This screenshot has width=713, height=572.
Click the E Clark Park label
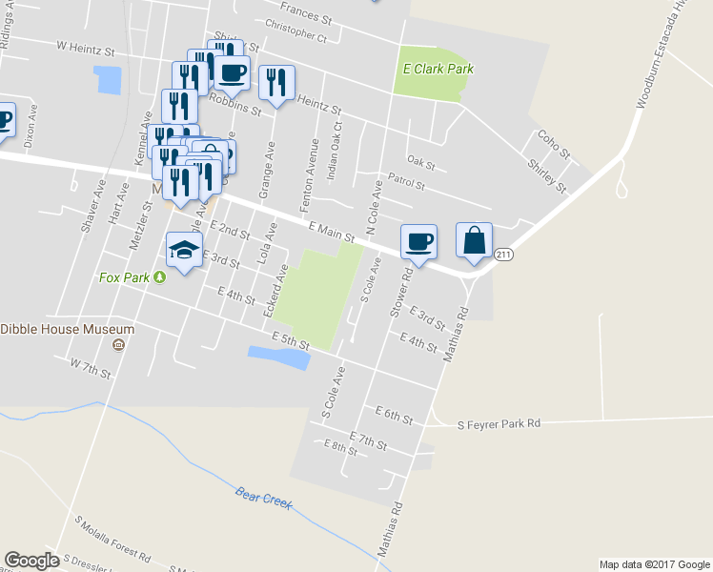point(438,69)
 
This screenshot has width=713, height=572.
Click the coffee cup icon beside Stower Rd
point(418,241)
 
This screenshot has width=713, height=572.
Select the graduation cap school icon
point(184,251)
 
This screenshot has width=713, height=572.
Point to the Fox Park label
point(124,277)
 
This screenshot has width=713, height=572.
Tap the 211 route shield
point(504,254)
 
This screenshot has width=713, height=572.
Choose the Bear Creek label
point(263,499)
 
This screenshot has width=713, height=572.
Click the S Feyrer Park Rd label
point(499,423)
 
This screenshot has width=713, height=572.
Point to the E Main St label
point(331,231)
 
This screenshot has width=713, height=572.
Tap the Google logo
point(31,561)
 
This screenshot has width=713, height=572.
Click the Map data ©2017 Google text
point(654,564)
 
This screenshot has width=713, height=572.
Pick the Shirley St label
point(546,174)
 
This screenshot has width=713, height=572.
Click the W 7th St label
point(91,365)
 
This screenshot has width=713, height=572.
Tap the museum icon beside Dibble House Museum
point(118,344)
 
